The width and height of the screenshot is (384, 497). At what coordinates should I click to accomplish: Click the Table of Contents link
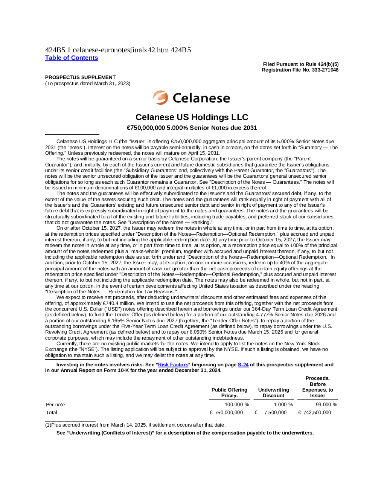click(x=72, y=58)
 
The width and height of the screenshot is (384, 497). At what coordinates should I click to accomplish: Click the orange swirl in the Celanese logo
click(x=160, y=98)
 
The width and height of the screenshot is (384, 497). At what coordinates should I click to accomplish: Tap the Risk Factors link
click(x=173, y=364)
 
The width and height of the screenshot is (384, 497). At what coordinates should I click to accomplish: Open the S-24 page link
click(x=243, y=364)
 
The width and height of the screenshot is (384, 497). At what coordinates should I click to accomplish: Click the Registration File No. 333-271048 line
click(x=300, y=70)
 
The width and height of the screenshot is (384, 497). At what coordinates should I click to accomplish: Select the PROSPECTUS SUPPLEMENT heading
click(x=80, y=77)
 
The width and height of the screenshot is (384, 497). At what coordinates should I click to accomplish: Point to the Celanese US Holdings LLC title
click(x=192, y=117)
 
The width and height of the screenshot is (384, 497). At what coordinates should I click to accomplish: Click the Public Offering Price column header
click(x=229, y=393)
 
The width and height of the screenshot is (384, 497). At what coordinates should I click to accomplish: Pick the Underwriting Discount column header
click(x=274, y=393)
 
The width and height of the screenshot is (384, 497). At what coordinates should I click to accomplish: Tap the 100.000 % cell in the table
click(x=237, y=405)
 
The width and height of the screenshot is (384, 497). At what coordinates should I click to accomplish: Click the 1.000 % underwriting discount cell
click(x=283, y=405)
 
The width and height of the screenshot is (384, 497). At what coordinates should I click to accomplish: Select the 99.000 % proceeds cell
click(x=326, y=405)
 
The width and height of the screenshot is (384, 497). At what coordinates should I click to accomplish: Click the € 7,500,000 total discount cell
click(x=271, y=412)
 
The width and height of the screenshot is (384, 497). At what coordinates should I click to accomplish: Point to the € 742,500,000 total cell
click(x=314, y=412)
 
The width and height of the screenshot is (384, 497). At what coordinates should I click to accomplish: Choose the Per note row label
click(x=55, y=405)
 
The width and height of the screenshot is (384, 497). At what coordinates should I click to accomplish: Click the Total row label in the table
click(x=52, y=412)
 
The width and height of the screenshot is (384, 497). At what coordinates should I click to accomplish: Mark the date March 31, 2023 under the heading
click(x=111, y=83)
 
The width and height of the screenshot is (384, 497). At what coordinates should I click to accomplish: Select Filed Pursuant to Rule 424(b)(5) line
click(x=301, y=64)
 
